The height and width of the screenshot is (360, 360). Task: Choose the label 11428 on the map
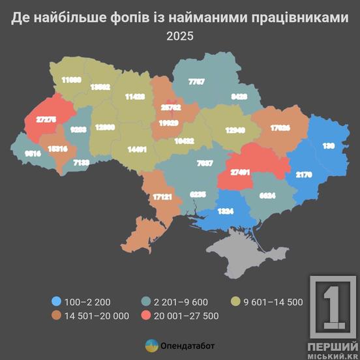tap(135, 96)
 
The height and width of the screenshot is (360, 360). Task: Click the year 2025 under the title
tap(180, 37)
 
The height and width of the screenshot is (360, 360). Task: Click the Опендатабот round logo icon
tap(151, 346)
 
